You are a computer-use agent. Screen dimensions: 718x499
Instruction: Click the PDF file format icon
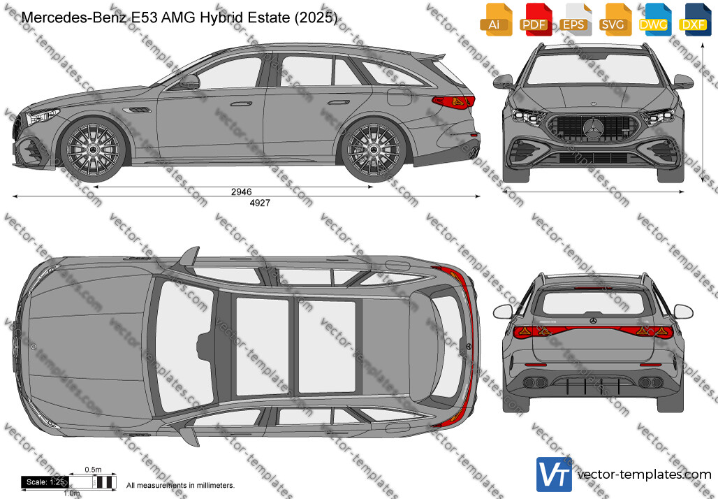[x=534, y=20]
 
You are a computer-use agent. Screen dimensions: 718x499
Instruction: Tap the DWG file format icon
[x=653, y=20]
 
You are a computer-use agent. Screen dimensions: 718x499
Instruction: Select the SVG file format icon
[x=613, y=20]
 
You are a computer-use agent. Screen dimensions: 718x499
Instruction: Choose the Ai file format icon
[x=494, y=20]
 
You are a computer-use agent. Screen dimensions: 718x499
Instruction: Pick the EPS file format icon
[x=573, y=20]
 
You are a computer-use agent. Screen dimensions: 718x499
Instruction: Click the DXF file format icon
[x=694, y=20]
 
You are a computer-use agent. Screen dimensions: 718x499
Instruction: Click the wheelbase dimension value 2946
[x=242, y=191]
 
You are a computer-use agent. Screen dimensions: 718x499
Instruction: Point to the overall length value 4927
[x=260, y=203]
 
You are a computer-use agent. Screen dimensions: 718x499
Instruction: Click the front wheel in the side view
[x=93, y=150]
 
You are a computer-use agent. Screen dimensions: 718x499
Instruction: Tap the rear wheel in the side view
[x=373, y=150]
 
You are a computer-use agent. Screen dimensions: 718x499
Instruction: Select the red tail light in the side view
[x=453, y=101]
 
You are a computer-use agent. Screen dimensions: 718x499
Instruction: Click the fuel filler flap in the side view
[x=400, y=96]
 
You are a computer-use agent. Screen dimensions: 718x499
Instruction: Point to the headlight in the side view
[x=42, y=117]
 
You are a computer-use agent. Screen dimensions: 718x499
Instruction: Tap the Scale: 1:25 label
[x=45, y=482]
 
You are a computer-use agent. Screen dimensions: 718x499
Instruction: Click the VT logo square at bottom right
[x=554, y=475]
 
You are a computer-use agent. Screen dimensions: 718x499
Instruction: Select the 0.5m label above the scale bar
[x=93, y=469]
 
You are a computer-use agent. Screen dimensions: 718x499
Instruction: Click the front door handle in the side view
[x=242, y=103]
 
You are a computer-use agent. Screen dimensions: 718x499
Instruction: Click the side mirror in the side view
[x=189, y=82]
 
